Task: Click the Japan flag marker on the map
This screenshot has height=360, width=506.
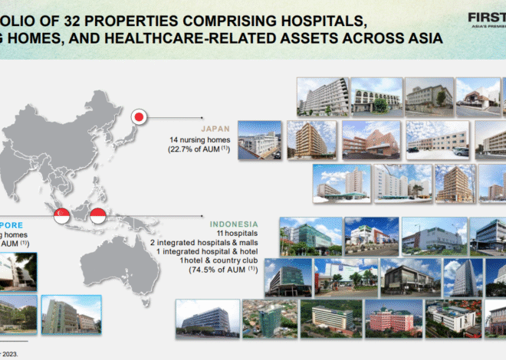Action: [x=139, y=117]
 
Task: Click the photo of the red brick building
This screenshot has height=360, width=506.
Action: [x=370, y=137]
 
